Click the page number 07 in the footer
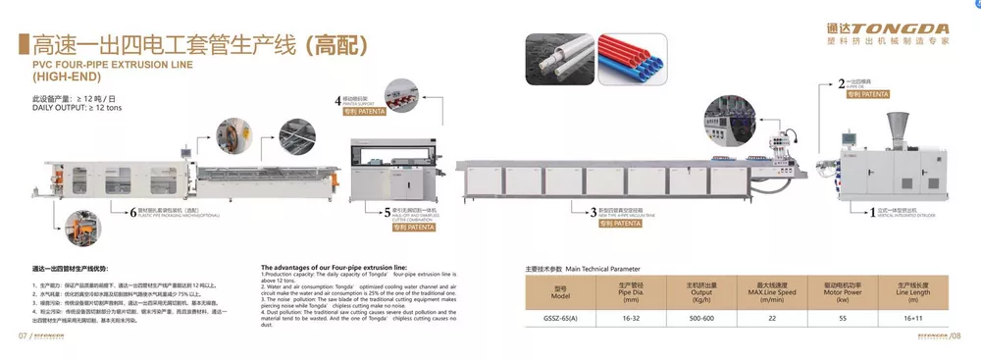tap(21, 336)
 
